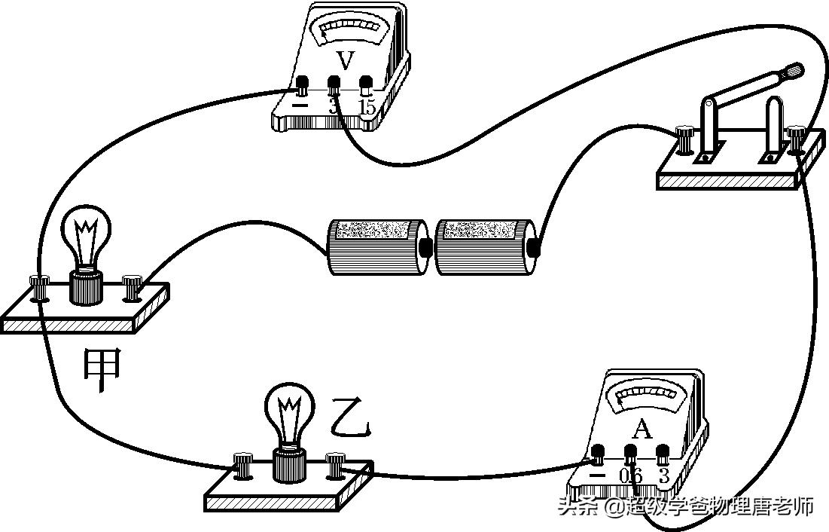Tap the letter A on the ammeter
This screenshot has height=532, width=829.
click(641, 430)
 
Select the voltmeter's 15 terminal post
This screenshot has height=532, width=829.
click(366, 84)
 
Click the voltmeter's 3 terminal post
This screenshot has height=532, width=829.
click(334, 84)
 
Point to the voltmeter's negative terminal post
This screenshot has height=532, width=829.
click(302, 84)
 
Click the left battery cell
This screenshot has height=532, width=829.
click(376, 246)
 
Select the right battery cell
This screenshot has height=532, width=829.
click(484, 246)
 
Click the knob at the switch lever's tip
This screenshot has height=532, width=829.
click(794, 72)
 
